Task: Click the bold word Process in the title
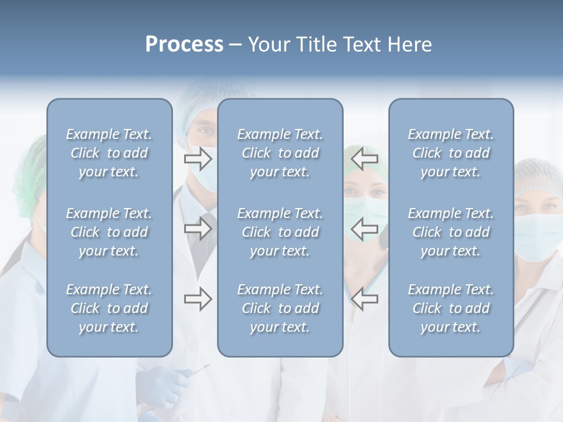(184, 45)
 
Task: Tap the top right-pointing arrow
(198, 157)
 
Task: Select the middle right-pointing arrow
(198, 229)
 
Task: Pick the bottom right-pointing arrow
(198, 299)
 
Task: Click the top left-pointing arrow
(365, 157)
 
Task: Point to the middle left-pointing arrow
(365, 229)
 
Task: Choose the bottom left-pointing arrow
(365, 299)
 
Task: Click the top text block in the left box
(109, 153)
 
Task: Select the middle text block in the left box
(109, 232)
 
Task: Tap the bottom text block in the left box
(109, 308)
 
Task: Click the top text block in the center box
(280, 153)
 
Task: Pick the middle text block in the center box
(280, 232)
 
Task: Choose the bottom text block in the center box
(280, 308)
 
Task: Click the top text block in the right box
(450, 153)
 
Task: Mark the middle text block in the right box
(450, 232)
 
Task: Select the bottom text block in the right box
(450, 308)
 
